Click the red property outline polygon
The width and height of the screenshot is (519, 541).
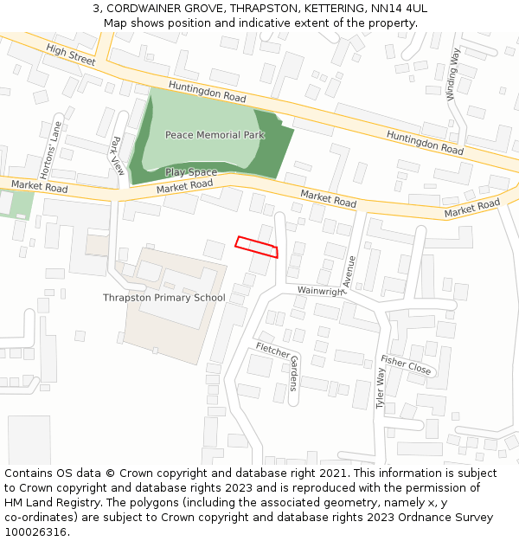click(257, 247)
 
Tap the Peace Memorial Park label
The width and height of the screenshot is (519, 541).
click(215, 135)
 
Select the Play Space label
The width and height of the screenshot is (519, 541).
click(191, 173)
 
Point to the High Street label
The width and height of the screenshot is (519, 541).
click(71, 56)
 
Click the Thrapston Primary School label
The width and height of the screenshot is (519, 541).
click(164, 298)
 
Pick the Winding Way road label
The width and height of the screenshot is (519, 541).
click(454, 75)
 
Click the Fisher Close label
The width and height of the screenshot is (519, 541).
click(406, 365)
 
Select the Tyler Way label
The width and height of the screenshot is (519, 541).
click(380, 389)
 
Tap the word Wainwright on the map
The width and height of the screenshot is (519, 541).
click(320, 292)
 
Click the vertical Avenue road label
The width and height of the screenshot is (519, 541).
click(349, 272)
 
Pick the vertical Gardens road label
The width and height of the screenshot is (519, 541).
click(293, 373)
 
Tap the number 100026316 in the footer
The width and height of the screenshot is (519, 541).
click(36, 532)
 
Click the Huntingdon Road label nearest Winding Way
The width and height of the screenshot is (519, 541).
click(425, 143)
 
